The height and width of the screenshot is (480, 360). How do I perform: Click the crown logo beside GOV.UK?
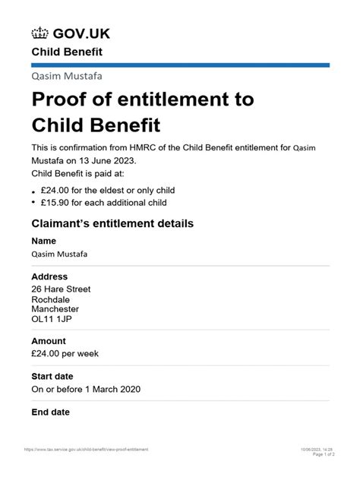coord(39,33)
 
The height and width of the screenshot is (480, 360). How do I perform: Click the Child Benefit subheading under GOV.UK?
coord(66,52)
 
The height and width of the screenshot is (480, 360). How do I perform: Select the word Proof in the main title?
coord(62,99)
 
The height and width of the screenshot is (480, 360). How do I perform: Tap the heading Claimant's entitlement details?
coord(112,224)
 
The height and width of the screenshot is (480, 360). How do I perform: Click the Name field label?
coord(44,242)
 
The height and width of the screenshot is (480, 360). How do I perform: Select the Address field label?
coord(49,277)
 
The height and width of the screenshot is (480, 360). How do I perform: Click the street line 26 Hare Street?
coord(61,289)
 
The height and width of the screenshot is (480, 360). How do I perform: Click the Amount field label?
coord(48,341)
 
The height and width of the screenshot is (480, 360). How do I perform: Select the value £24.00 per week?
coord(65,353)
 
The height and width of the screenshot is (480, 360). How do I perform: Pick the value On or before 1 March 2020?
coord(86,389)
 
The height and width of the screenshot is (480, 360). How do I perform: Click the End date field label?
coord(50,412)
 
